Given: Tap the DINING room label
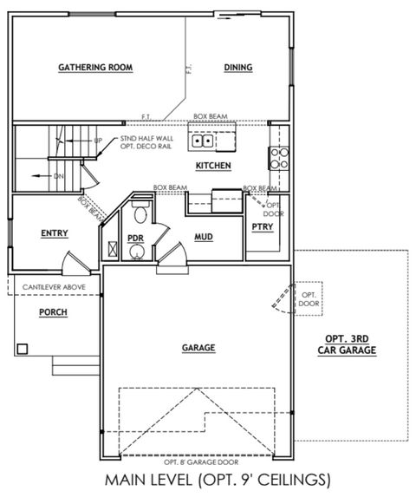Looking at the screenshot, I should coord(237,67).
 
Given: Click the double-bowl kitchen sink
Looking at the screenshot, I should coord(204,140).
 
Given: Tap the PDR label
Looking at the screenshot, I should coord(135,236).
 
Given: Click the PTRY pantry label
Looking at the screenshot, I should coord(262,227).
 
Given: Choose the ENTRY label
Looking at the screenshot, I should coord(55,232).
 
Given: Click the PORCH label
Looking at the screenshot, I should coord(53,312).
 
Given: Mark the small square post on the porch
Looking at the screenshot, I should coord(23,348).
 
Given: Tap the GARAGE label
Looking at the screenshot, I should coord(198,348).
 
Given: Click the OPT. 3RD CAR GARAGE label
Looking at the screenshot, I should coord(350,345).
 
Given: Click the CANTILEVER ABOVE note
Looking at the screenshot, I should coord(53,286).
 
